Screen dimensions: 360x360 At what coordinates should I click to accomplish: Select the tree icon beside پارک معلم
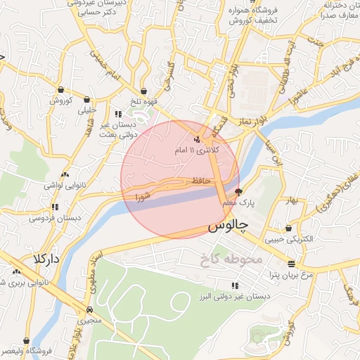[x=238, y=191]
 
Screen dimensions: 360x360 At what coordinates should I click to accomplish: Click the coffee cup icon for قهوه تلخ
[x=143, y=91]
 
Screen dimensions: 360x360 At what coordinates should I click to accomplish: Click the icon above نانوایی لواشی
[x=65, y=174]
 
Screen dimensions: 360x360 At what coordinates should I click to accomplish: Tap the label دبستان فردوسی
[x=56, y=219]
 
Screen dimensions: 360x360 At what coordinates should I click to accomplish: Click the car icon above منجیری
[x=89, y=309]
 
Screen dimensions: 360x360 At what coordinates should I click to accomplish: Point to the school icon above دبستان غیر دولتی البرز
[x=234, y=285]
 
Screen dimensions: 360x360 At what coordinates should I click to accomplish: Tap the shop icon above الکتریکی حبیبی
[x=289, y=228]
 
